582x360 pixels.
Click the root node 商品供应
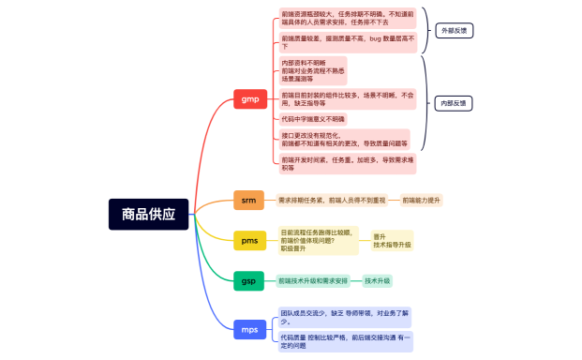tap(149, 214)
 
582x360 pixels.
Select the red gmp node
tap(249, 99)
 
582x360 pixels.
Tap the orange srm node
tap(248, 200)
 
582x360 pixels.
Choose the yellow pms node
tap(249, 241)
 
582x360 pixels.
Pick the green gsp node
tap(248, 280)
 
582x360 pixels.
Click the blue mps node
tap(249, 329)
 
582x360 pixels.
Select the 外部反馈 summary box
tap(455, 30)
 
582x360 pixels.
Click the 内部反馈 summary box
tap(455, 103)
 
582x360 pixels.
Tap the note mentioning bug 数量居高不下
tap(344, 42)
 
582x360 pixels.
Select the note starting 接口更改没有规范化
tap(344, 139)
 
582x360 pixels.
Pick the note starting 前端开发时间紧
tap(346, 163)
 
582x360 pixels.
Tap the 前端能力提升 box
tap(421, 200)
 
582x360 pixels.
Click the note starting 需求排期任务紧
tap(332, 200)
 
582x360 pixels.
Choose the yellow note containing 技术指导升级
tap(392, 241)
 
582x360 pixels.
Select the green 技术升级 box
tap(378, 280)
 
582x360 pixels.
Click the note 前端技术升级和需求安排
tap(313, 280)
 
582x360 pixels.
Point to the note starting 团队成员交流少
tap(345, 315)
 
